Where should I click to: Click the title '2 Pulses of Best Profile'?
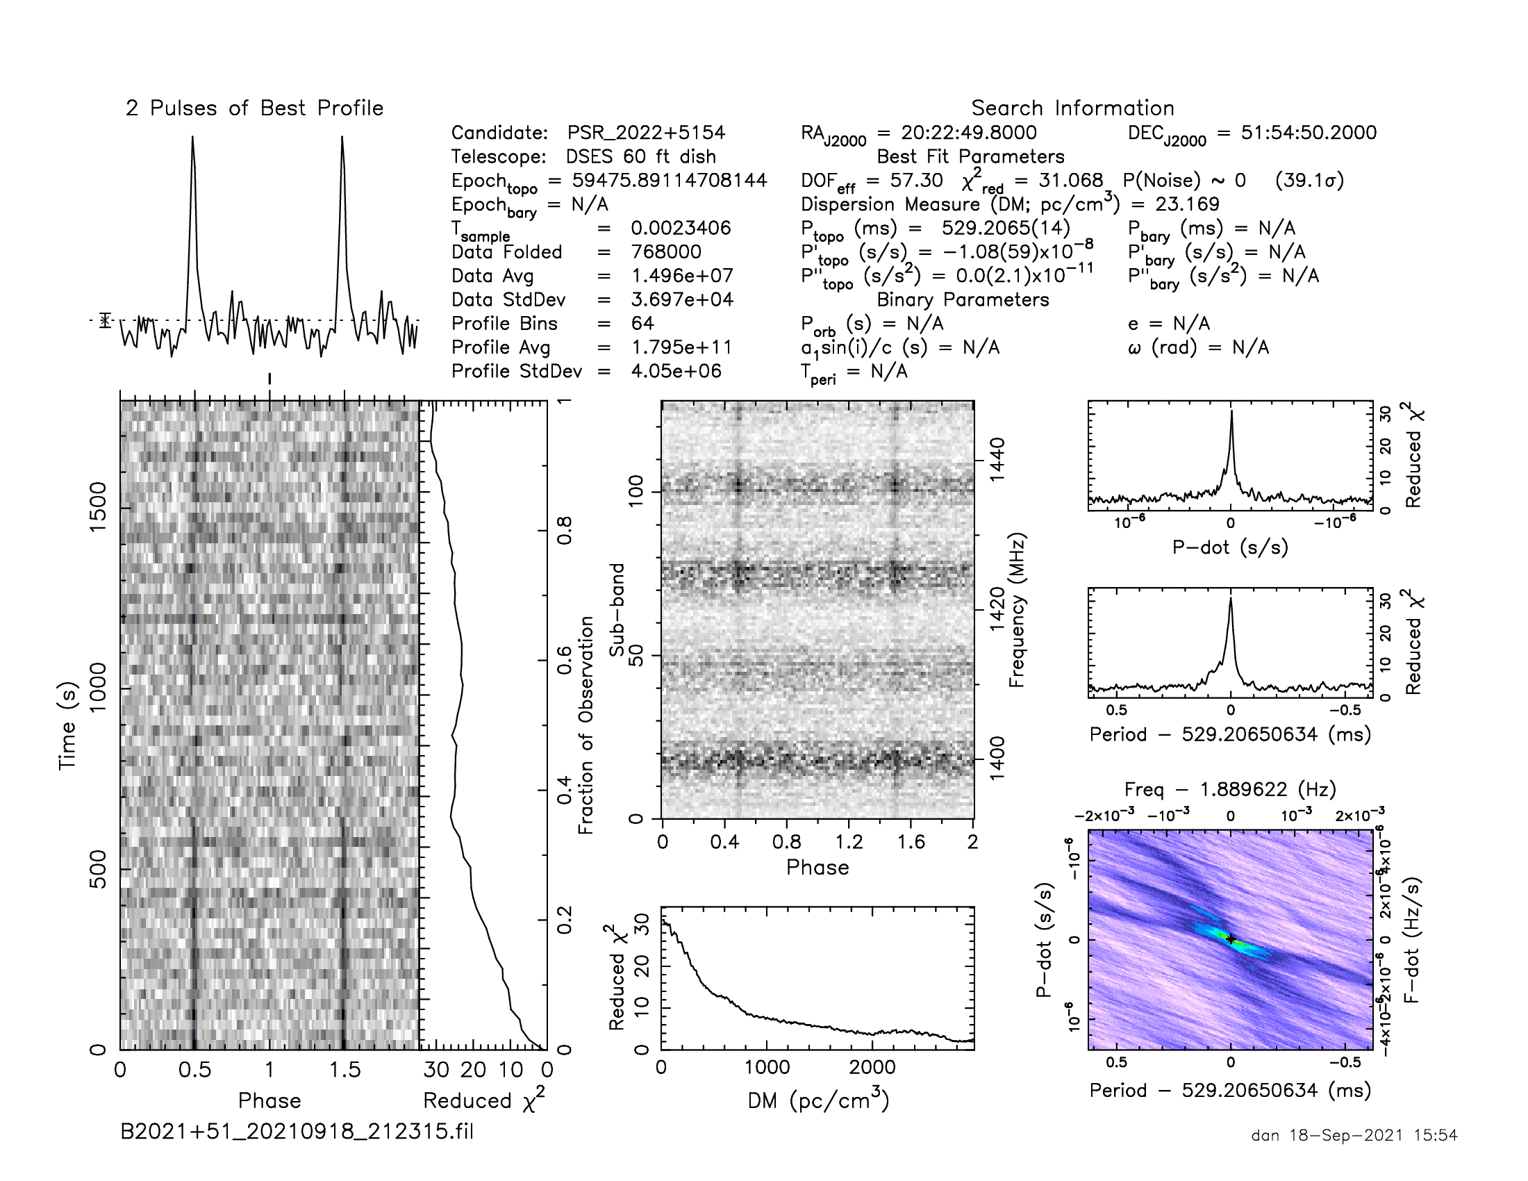(x=255, y=108)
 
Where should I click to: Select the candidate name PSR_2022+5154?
(x=646, y=133)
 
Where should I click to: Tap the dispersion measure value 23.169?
(x=1186, y=204)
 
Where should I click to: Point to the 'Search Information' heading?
(x=1072, y=108)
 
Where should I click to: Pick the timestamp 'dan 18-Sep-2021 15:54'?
(x=1354, y=1136)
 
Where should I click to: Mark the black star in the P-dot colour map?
(x=1231, y=939)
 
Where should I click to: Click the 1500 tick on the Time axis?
(x=98, y=506)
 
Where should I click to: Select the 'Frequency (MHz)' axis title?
(x=1017, y=610)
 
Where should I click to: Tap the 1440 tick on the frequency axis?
(x=997, y=459)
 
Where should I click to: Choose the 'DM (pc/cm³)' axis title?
(x=818, y=1100)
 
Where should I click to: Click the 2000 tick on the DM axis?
(x=872, y=1068)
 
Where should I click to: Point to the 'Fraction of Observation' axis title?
(x=586, y=725)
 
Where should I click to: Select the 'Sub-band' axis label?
(x=616, y=610)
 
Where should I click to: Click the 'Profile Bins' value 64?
(x=642, y=323)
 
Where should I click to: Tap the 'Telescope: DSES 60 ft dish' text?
(x=583, y=157)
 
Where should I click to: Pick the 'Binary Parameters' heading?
(x=963, y=299)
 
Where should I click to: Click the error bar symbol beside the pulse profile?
(x=105, y=320)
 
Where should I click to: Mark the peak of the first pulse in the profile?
(x=192, y=138)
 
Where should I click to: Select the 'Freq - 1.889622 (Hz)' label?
(x=1230, y=789)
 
